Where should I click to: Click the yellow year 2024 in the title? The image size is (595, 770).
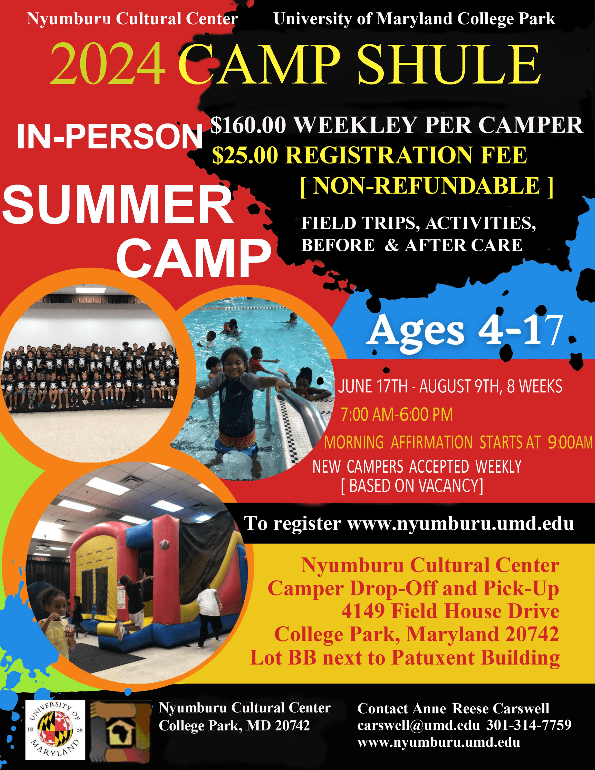click(x=108, y=64)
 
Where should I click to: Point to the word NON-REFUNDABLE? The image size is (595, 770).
click(x=427, y=186)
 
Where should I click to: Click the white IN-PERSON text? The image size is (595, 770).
click(x=110, y=137)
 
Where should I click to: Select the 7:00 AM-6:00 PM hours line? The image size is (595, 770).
click(x=397, y=415)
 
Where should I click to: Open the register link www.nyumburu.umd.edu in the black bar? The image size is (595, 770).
click(x=460, y=524)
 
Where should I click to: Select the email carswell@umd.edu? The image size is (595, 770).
click(x=419, y=725)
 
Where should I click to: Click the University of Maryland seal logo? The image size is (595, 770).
click(x=55, y=730)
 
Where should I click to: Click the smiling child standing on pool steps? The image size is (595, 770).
click(x=236, y=406)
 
